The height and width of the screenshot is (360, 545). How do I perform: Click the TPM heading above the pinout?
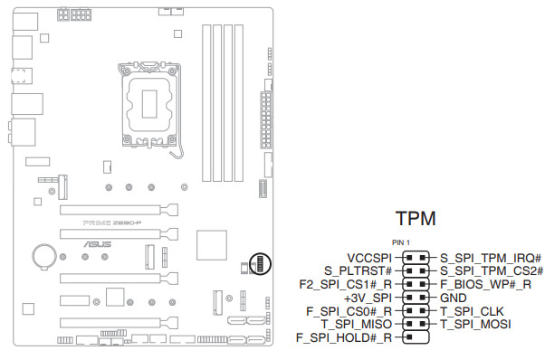(x=416, y=218)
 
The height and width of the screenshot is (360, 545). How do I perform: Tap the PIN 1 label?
(x=401, y=242)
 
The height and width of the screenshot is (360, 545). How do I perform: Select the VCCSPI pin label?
(x=369, y=258)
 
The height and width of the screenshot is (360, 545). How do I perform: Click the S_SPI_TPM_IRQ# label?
(x=491, y=258)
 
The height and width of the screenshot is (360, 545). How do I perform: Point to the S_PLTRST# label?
(x=358, y=270)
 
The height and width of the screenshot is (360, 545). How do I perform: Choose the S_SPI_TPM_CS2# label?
(x=492, y=270)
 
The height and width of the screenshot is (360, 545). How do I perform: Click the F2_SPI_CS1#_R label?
(x=346, y=284)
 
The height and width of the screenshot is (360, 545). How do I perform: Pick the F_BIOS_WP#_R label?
(x=485, y=284)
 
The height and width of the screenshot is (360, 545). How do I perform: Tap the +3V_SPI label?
(x=368, y=298)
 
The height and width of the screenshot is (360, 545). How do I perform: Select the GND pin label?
(x=454, y=298)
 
